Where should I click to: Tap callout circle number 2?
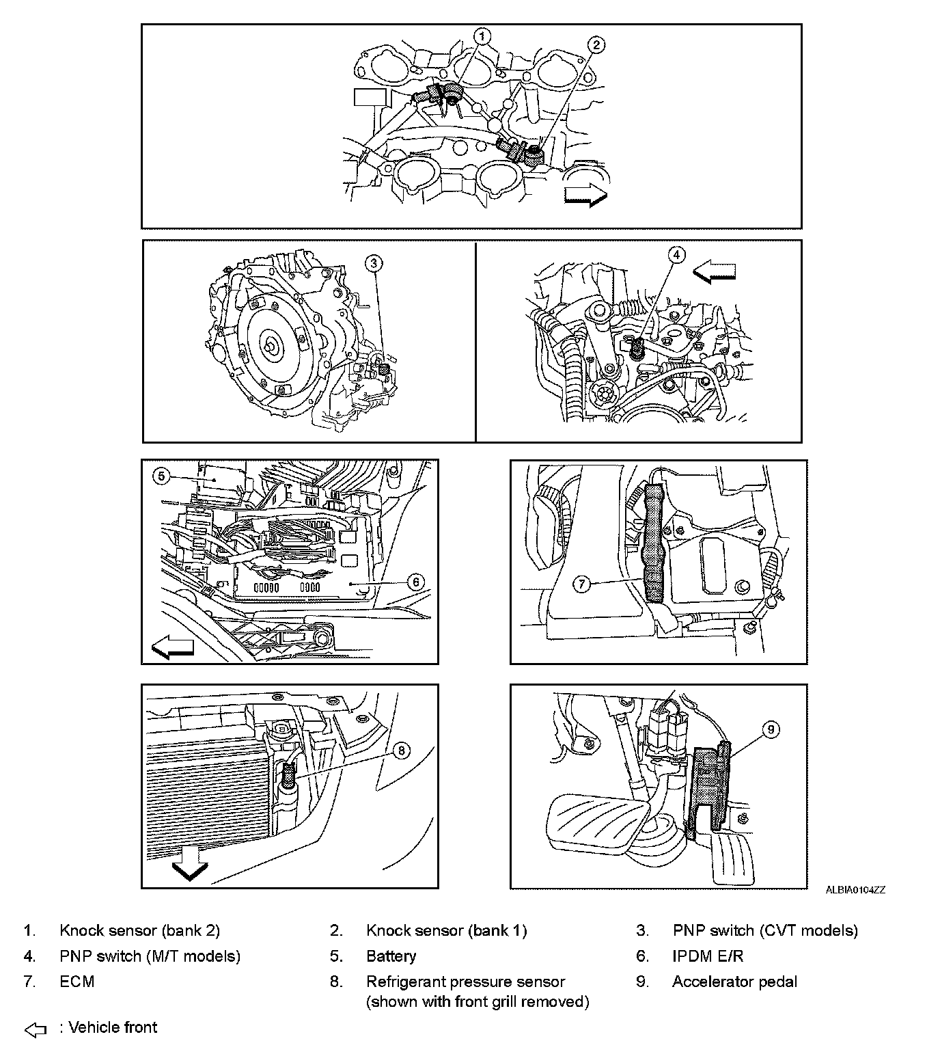596,45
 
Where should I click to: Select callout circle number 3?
374,262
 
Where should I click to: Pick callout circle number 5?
160,476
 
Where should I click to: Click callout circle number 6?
415,582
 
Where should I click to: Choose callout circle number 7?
581,584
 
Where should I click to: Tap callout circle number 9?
770,730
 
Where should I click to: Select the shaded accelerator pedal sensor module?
710,789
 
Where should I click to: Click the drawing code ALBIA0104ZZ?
855,890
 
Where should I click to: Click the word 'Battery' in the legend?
391,956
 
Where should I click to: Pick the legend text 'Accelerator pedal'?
734,982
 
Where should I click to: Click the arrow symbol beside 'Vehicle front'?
35,1029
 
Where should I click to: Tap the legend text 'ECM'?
77,982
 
